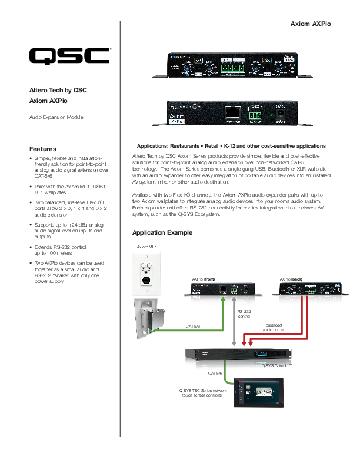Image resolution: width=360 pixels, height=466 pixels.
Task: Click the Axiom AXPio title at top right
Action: click(319, 24)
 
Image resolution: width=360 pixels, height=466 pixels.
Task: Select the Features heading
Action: click(43, 149)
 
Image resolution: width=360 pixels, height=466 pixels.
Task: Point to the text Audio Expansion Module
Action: click(56, 117)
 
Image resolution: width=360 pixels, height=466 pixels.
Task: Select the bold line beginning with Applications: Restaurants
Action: click(231, 145)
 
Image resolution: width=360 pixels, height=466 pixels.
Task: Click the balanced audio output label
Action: click(274, 327)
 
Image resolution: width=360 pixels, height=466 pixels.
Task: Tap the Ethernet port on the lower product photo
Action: click(233, 111)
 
